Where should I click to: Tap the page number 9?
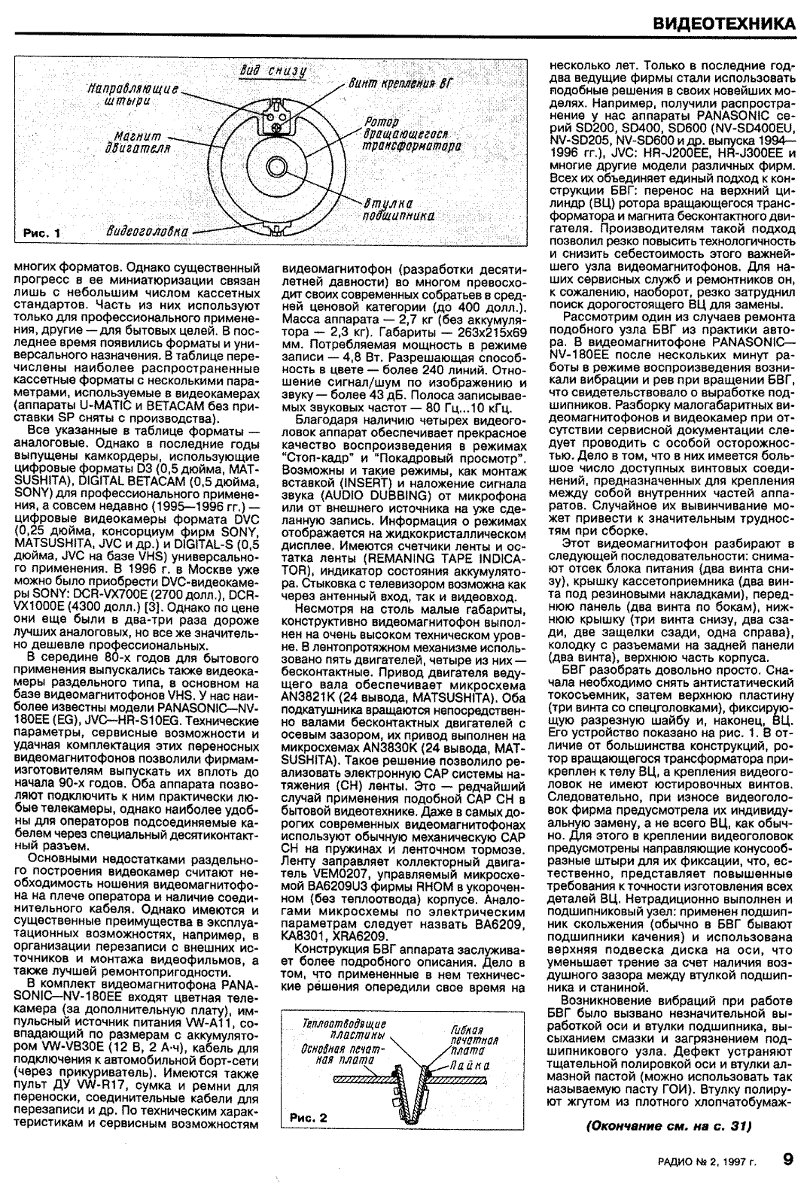tap(787, 1159)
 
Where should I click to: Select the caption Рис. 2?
tap(309, 1118)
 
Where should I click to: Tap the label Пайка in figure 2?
tap(470, 1066)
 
